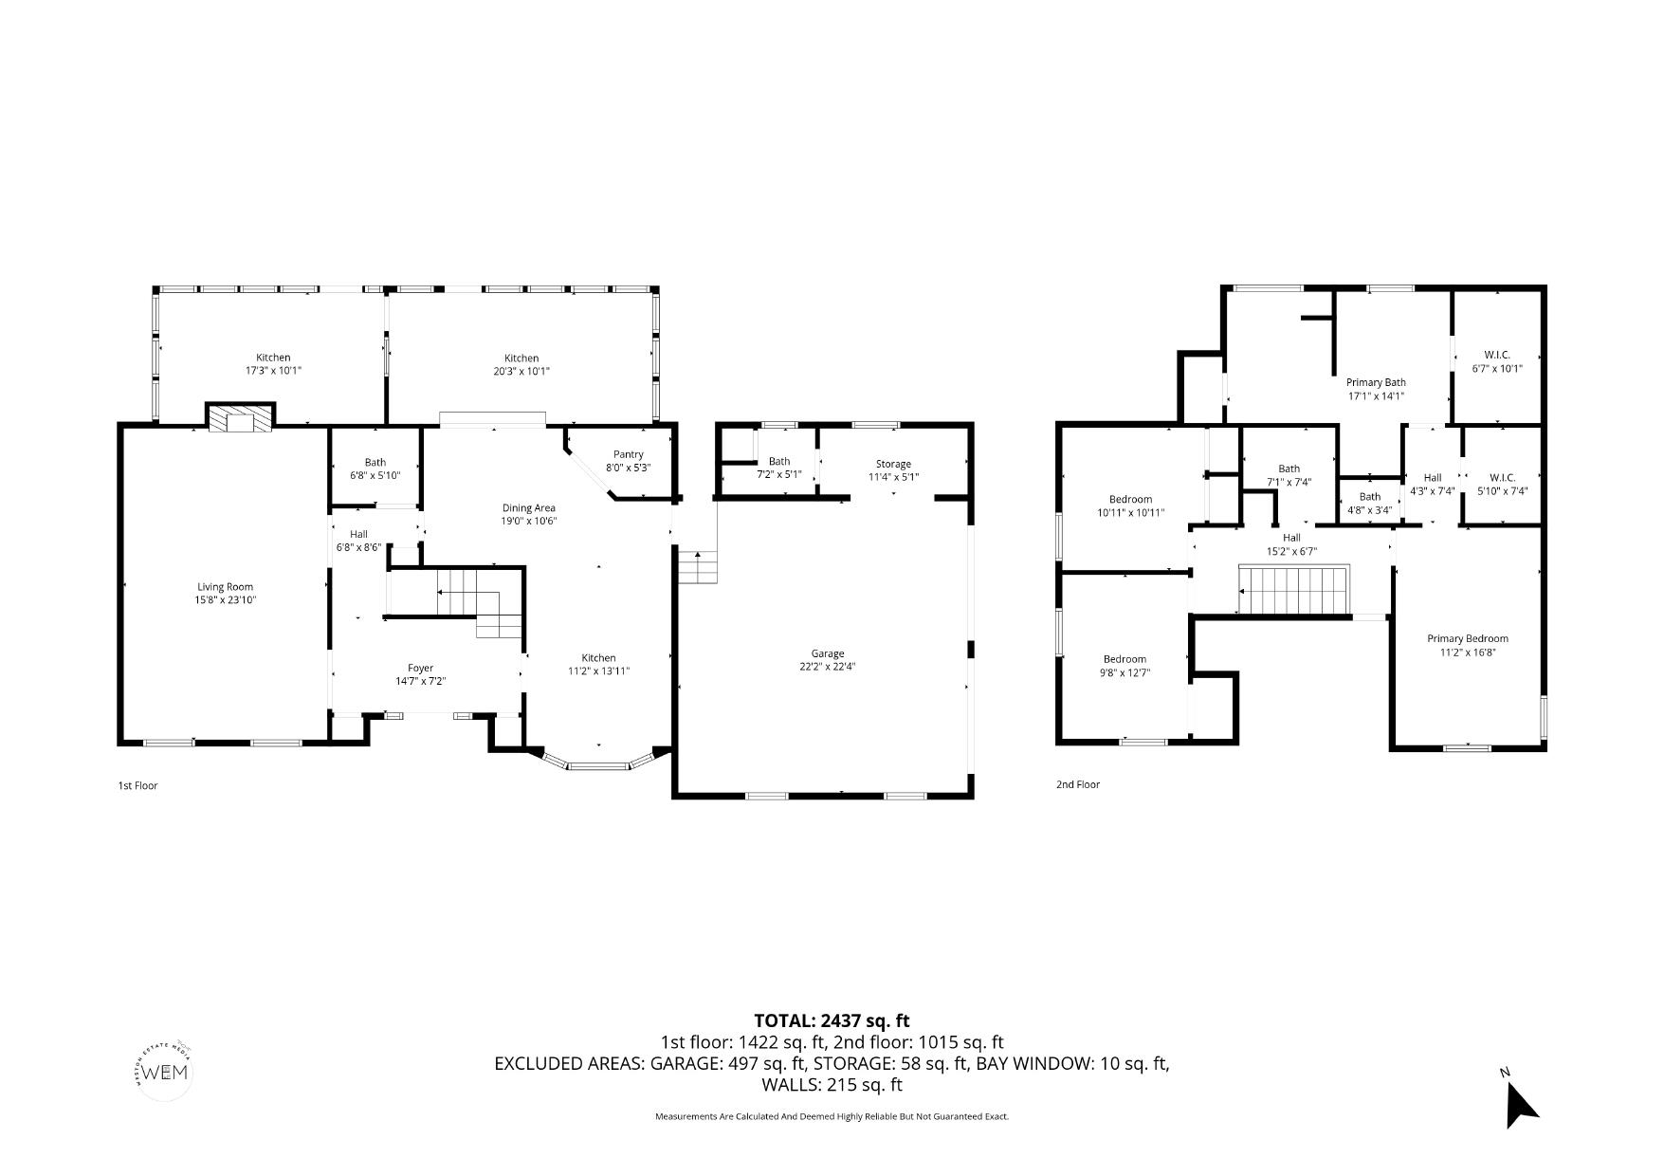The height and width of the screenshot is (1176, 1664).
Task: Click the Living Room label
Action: [x=225, y=587]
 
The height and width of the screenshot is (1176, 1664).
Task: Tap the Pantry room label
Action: [x=628, y=454]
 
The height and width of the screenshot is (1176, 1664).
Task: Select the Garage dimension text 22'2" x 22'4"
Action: [x=827, y=667]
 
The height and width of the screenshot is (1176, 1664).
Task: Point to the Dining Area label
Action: [x=528, y=507]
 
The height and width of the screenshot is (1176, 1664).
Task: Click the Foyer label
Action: [x=420, y=668]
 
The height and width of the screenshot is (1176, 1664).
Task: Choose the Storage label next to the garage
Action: [x=893, y=464]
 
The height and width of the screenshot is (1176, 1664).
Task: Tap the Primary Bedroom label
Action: [x=1467, y=638]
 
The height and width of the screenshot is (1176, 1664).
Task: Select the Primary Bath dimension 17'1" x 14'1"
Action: [x=1375, y=396]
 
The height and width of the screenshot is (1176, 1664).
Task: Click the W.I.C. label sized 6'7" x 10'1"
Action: [x=1496, y=355]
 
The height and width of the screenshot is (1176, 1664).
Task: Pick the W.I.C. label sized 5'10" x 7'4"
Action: [x=1502, y=477]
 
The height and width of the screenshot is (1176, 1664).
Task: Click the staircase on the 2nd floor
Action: [x=1294, y=590]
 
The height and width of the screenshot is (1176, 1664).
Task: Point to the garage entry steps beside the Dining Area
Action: [x=697, y=567]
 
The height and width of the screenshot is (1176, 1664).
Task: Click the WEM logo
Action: [x=165, y=1073]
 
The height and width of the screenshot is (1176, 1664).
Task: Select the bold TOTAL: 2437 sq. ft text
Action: [x=831, y=1020]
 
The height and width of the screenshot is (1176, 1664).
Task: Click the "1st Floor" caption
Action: [x=137, y=785]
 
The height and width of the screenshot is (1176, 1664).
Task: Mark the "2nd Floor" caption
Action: [x=1077, y=784]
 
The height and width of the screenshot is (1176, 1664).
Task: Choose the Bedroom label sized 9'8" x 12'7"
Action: [x=1125, y=659]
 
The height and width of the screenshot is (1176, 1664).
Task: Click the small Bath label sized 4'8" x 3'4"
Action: [x=1369, y=497]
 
